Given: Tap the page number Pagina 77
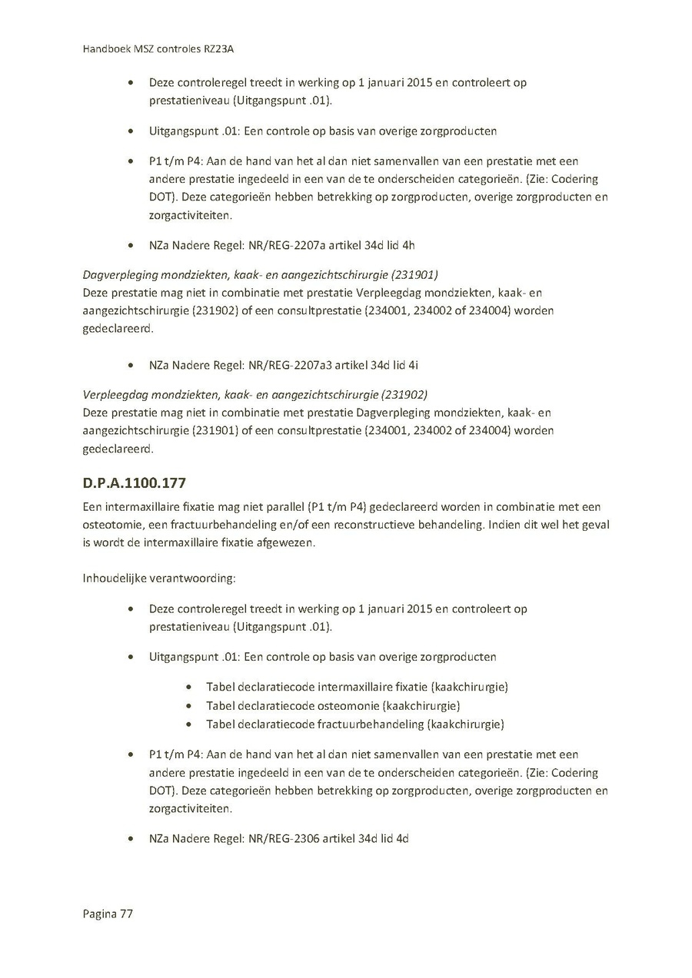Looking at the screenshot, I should (x=108, y=913).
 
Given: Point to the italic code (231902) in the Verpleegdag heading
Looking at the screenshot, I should (x=404, y=394).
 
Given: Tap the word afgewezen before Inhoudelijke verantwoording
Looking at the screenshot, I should (x=289, y=542).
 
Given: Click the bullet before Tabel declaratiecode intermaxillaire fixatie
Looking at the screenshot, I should (x=189, y=687).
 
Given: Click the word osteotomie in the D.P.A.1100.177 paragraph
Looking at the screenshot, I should (x=111, y=525).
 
